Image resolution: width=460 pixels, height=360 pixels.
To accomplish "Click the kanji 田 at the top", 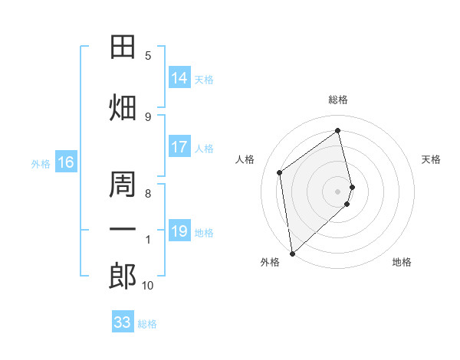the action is tap(123, 47).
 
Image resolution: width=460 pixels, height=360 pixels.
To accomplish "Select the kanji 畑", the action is tap(123, 107).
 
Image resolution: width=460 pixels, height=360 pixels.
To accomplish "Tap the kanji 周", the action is tap(123, 184).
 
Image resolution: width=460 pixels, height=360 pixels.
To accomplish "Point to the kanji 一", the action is tap(123, 229).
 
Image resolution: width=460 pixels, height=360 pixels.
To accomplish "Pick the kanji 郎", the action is tap(123, 276).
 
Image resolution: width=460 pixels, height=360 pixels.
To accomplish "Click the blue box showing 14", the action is tap(179, 77).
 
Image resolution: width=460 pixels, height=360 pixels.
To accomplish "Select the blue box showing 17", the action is tap(179, 146).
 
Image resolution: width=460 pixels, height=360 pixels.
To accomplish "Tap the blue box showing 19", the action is tap(179, 230).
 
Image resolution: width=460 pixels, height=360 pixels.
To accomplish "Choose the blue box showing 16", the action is tap(66, 162).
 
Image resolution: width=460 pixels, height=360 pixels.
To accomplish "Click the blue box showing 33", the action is tap(123, 321).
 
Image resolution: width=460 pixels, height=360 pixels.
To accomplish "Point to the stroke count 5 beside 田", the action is tap(148, 56).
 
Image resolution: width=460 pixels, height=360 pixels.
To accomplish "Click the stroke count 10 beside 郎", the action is tap(147, 285).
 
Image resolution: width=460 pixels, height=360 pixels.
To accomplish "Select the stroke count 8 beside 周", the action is tap(148, 194).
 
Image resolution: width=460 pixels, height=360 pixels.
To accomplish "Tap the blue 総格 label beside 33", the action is tap(147, 324).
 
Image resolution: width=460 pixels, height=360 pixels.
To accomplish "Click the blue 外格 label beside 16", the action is tap(41, 164).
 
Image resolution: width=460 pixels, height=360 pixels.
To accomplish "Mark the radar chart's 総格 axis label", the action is tap(338, 100).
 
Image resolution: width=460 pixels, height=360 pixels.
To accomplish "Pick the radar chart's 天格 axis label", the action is tap(431, 159).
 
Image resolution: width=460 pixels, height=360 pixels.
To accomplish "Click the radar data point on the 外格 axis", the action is tap(293, 254).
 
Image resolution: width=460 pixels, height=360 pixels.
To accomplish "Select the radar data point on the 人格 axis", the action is tap(280, 172).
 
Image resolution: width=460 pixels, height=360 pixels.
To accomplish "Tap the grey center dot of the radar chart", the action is tap(337, 191).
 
